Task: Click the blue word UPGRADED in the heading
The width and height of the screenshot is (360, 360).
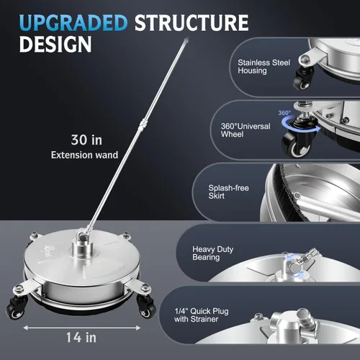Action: click(x=73, y=23)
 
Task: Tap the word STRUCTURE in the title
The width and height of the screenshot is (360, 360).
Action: click(x=192, y=23)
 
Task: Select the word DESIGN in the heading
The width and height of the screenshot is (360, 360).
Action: click(x=55, y=44)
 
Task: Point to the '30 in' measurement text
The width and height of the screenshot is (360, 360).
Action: click(x=86, y=140)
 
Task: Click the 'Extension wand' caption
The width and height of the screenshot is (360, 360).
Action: click(x=84, y=155)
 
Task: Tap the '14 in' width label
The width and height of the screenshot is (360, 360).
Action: click(x=81, y=338)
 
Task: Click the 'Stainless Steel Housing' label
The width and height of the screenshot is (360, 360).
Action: click(x=264, y=66)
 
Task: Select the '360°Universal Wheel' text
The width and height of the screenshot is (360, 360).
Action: click(x=246, y=130)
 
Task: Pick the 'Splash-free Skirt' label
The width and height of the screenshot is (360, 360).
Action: click(x=228, y=192)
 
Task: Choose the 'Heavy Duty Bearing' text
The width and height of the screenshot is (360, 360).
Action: click(x=212, y=253)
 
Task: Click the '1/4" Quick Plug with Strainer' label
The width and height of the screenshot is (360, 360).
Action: click(x=202, y=315)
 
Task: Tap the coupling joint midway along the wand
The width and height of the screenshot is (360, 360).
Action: click(x=142, y=125)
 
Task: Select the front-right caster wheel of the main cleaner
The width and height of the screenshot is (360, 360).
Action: click(x=146, y=308)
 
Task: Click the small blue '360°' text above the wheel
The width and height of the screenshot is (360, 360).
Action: click(x=284, y=113)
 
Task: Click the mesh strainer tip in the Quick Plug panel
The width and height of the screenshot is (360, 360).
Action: click(x=304, y=315)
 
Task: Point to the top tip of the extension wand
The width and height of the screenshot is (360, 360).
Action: click(x=186, y=39)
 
